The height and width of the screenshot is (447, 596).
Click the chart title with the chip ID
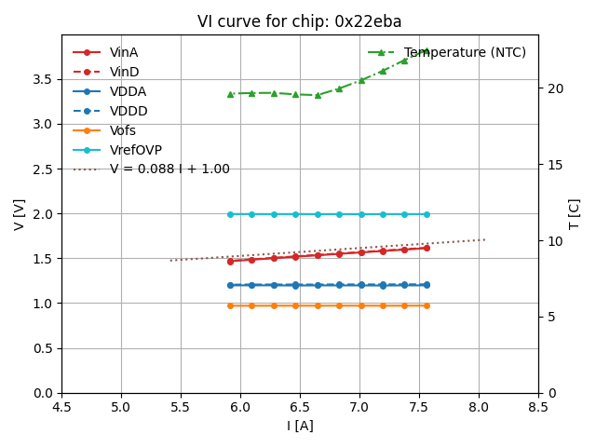tap(299, 21)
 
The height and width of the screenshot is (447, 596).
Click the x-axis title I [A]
tap(299, 426)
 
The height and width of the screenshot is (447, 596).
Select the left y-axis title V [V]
tap(19, 213)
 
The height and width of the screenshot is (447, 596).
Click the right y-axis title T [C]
tap(575, 213)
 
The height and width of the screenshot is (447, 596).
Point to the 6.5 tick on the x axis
tap(300, 407)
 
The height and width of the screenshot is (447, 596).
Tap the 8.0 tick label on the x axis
tap(478, 407)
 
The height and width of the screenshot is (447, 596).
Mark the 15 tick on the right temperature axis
tap(551, 165)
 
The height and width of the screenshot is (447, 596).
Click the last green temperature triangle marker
tap(426, 50)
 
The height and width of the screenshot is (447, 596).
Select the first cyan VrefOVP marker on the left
tap(230, 214)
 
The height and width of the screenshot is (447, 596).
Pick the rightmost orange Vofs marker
tap(427, 305)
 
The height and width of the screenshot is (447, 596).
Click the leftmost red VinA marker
tap(230, 261)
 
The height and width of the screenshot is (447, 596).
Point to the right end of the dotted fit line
tap(485, 239)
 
